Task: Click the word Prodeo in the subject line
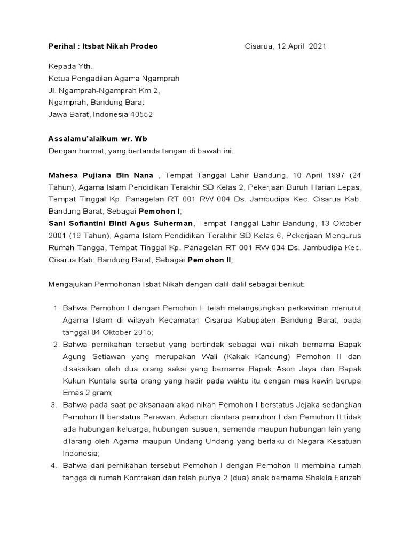[144, 46]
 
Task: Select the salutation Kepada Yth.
[70, 67]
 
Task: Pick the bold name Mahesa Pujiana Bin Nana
[101, 176]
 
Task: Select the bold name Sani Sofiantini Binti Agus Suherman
[122, 223]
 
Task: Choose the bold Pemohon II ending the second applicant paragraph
[210, 260]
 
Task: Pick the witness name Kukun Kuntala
[90, 380]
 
